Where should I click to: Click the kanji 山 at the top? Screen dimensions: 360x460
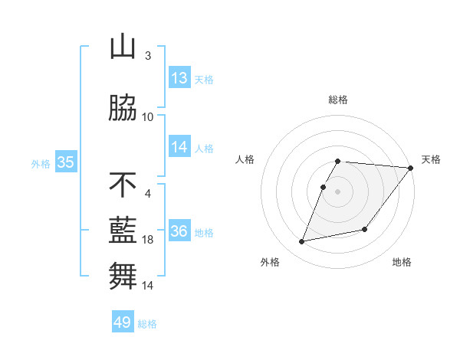(x=123, y=47)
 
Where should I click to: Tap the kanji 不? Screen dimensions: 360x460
(x=123, y=185)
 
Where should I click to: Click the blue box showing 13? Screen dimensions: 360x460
(x=179, y=78)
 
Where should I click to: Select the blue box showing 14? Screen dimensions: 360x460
(x=179, y=147)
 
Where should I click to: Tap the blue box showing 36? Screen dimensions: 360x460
(x=179, y=231)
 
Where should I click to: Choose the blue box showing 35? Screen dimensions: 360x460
(x=65, y=162)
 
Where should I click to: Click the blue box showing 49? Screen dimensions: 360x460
(x=123, y=322)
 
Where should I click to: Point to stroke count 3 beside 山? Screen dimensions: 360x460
(x=148, y=55)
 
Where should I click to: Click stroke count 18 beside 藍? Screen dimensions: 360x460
(x=148, y=240)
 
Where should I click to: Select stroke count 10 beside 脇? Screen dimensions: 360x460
(x=148, y=116)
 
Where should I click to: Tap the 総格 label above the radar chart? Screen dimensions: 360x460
(x=338, y=100)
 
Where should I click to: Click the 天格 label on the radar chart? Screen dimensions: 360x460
(x=431, y=159)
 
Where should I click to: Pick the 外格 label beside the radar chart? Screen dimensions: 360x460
(x=269, y=262)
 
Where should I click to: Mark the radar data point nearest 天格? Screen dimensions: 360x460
(x=411, y=168)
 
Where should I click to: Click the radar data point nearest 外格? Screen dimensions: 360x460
(x=302, y=242)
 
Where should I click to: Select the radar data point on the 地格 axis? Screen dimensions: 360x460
(x=365, y=229)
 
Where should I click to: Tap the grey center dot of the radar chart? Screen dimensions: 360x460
(x=337, y=191)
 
